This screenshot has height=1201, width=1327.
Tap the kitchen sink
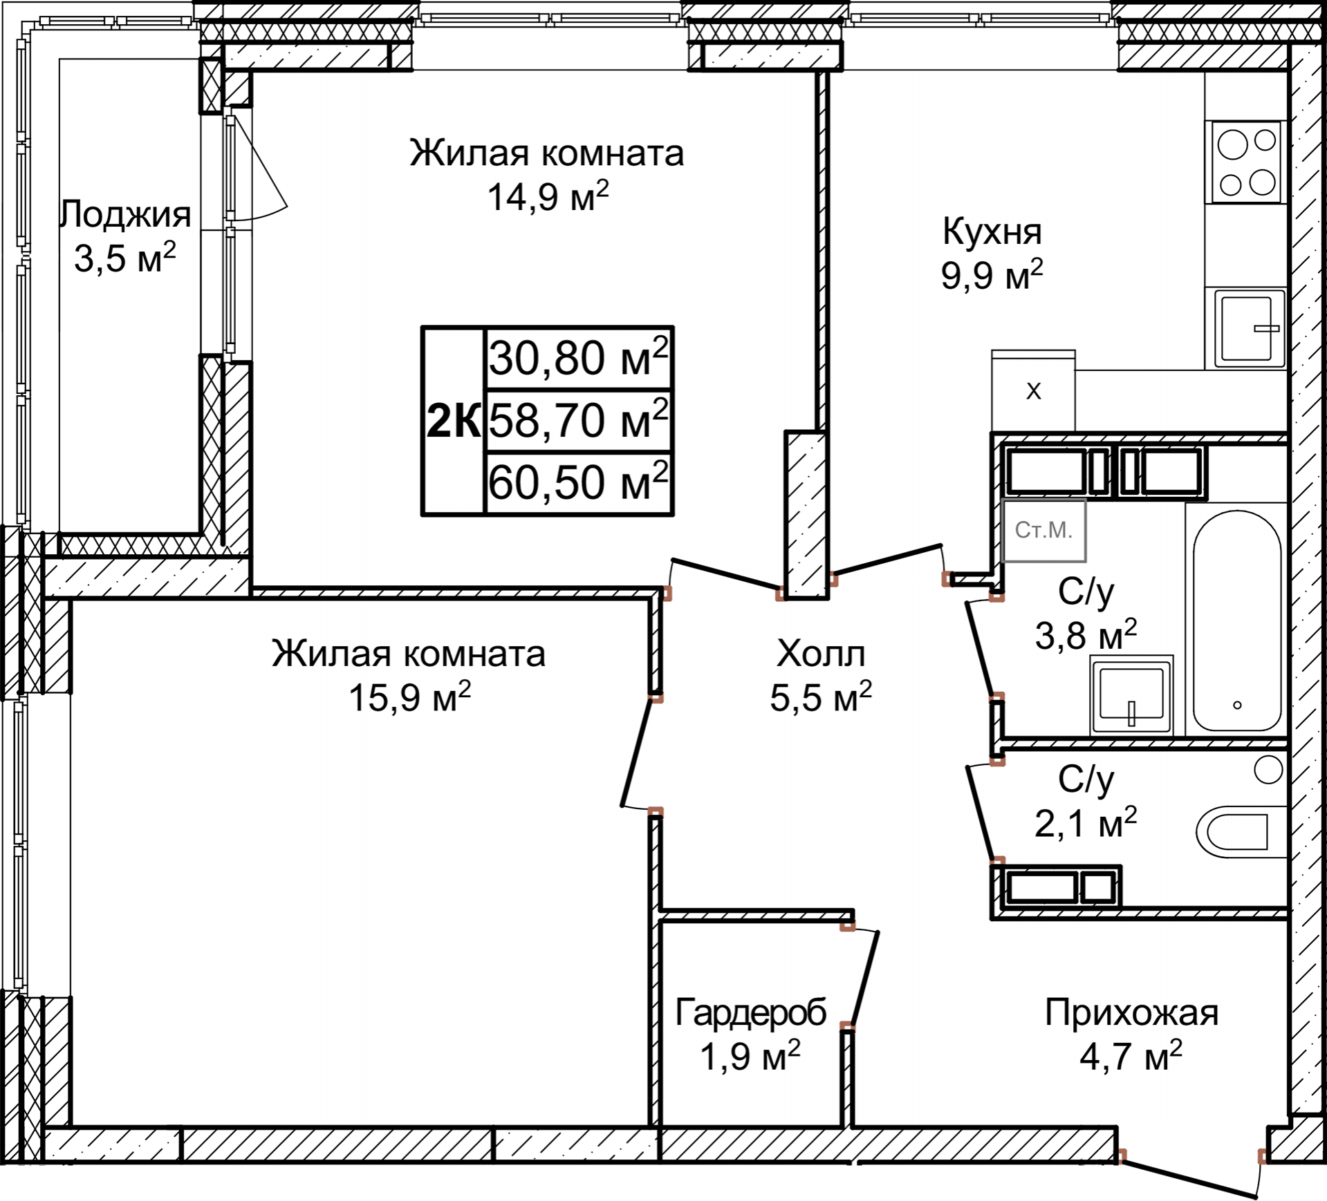(1247, 329)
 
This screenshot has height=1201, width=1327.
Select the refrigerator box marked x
(1033, 391)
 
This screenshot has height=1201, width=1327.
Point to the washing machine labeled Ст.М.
(1043, 530)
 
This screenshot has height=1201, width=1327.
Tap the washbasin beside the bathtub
(1132, 694)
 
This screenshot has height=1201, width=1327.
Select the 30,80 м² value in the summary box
(579, 357)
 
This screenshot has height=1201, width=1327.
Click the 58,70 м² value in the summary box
(579, 419)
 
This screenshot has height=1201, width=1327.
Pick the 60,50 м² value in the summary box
(579, 481)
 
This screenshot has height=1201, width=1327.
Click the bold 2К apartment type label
(453, 420)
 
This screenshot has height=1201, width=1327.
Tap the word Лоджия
(125, 214)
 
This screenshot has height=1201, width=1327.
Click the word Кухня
(992, 232)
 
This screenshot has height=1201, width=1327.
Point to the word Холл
(821, 653)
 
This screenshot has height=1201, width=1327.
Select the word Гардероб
(751, 1013)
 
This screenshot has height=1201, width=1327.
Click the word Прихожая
(1131, 1013)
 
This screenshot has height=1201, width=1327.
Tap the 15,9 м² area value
(409, 697)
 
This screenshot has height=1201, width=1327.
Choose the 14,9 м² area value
(548, 196)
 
